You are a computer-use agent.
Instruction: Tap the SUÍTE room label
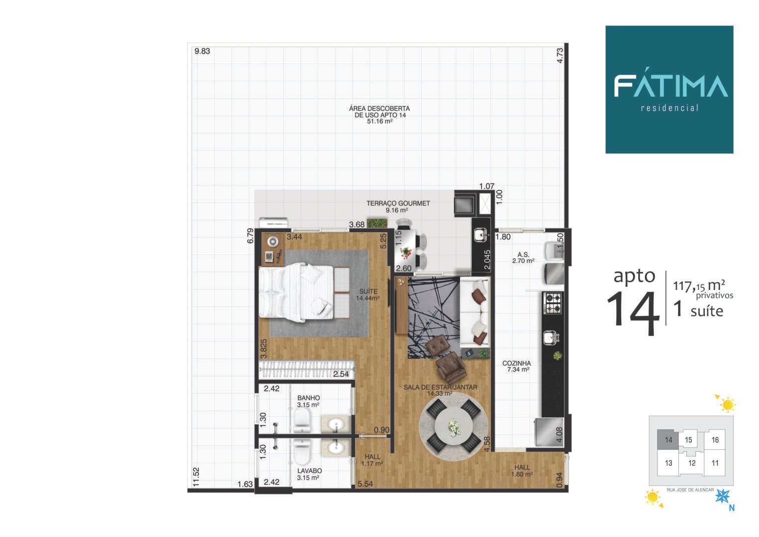(x=368, y=291)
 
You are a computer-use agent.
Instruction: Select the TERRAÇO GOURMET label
(x=398, y=203)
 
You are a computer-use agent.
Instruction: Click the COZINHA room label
(x=517, y=363)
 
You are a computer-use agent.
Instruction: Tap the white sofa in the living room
(x=474, y=312)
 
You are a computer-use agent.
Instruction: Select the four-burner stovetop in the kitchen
(x=552, y=303)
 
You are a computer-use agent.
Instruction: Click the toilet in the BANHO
(x=302, y=420)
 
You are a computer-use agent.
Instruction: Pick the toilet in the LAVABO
(x=302, y=451)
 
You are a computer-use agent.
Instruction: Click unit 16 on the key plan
(x=715, y=440)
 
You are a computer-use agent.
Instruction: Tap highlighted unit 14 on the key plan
(x=668, y=440)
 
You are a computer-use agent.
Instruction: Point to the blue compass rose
(x=722, y=496)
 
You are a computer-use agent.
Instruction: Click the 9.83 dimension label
(x=202, y=51)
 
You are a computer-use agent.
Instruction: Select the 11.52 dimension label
(x=196, y=477)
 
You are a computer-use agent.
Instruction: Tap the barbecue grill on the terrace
(x=464, y=204)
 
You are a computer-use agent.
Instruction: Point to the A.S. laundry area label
(x=523, y=255)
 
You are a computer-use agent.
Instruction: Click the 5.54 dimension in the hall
(x=365, y=484)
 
